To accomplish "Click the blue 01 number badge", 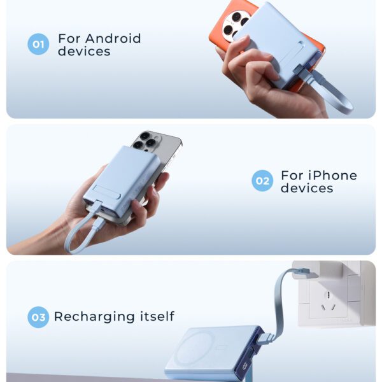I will (x=38, y=44).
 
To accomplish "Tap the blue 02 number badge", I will (x=262, y=181).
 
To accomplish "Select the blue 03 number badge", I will (x=38, y=317).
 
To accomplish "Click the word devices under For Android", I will (x=83, y=52).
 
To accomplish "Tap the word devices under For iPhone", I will (x=307, y=188).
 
